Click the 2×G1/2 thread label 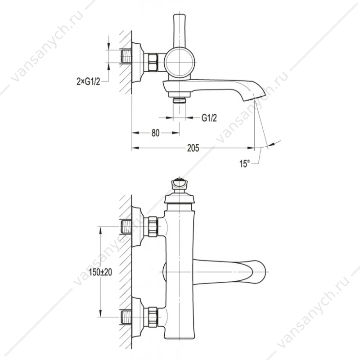[x=88, y=81]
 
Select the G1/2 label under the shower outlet [x=209, y=118]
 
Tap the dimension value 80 [x=155, y=133]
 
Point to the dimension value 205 [x=193, y=148]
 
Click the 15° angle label [x=244, y=164]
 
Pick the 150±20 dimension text [x=100, y=272]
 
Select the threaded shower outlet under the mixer [x=179, y=100]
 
